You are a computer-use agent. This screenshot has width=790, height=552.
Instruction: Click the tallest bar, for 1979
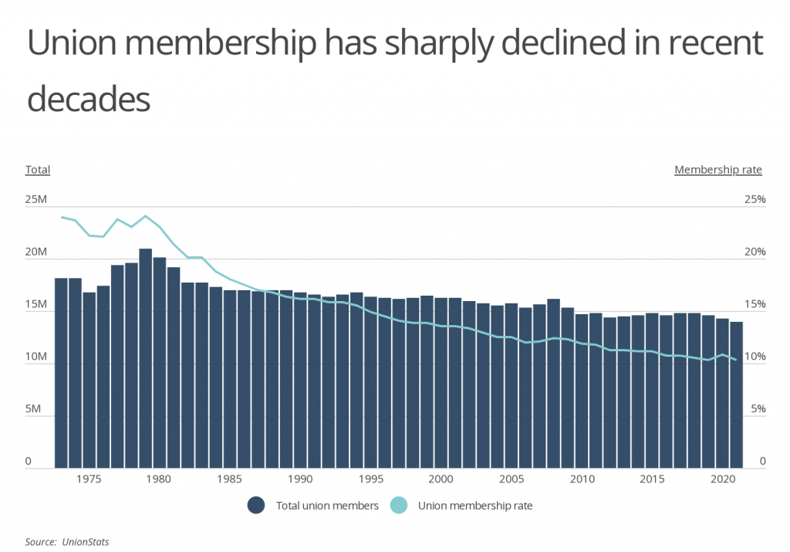[x=145, y=358]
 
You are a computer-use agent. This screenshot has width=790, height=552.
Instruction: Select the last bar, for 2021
[x=736, y=395]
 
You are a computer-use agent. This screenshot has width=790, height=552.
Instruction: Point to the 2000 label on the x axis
[x=441, y=479]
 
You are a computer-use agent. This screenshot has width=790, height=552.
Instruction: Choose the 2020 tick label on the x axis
[x=722, y=479]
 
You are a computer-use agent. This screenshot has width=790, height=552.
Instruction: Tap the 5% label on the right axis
[x=756, y=410]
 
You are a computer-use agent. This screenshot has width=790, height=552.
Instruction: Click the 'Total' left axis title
[x=38, y=170]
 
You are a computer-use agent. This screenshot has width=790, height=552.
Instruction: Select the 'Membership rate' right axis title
[x=717, y=170]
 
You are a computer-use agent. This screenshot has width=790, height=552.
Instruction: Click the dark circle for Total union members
[x=257, y=506]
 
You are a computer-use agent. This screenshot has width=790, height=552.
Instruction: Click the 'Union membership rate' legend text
[x=475, y=506]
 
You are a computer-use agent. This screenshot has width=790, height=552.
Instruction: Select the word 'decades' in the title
[x=88, y=100]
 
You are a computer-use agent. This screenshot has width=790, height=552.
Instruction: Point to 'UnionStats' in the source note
[x=86, y=542]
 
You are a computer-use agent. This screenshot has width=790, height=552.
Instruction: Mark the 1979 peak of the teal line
[x=145, y=215]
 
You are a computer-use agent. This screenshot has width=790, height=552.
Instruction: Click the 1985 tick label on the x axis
[x=229, y=479]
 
